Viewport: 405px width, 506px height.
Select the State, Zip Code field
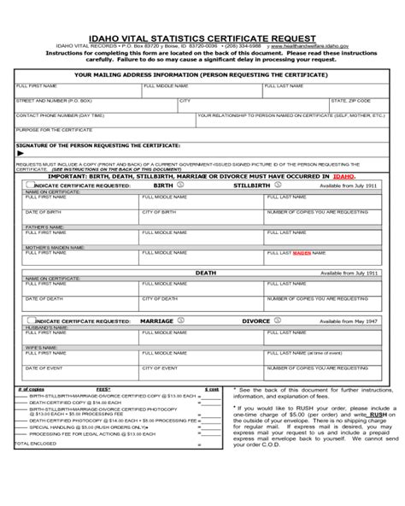click(359, 105)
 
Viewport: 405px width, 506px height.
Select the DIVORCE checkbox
click(276, 321)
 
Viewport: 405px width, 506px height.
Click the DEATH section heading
click(206, 273)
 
